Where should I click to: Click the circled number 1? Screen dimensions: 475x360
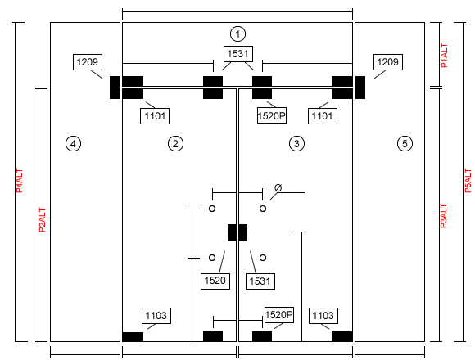pos(237,34)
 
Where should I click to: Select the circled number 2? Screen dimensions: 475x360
pos(175,144)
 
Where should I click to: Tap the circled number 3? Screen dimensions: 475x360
pos(296,144)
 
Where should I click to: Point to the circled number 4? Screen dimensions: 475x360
pos(73,144)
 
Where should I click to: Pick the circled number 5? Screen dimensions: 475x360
pos(405,144)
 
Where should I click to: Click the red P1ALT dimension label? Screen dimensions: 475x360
pos(444,56)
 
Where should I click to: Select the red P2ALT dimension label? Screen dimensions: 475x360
pos(42,220)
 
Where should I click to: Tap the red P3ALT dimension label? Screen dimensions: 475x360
pos(443,216)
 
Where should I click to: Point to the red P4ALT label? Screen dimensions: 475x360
pos(20,181)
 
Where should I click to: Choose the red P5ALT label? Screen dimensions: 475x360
pos(468,181)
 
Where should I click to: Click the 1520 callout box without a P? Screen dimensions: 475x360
pos(215,281)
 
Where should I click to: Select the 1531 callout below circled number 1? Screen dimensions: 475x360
pos(238,54)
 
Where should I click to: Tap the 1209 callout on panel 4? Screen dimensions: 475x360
pos(88,62)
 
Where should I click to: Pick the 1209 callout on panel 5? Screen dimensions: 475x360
pos(388,62)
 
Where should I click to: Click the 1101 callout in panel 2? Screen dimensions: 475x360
pos(155,116)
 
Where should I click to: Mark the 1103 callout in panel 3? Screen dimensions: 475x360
pos(323,316)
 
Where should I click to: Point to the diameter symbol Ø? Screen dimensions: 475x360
pos(278,188)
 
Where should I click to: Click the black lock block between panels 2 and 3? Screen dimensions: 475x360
pos(237,232)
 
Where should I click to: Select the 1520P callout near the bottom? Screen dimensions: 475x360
pos(279,315)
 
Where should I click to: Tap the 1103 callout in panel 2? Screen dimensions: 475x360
pos(156,316)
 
